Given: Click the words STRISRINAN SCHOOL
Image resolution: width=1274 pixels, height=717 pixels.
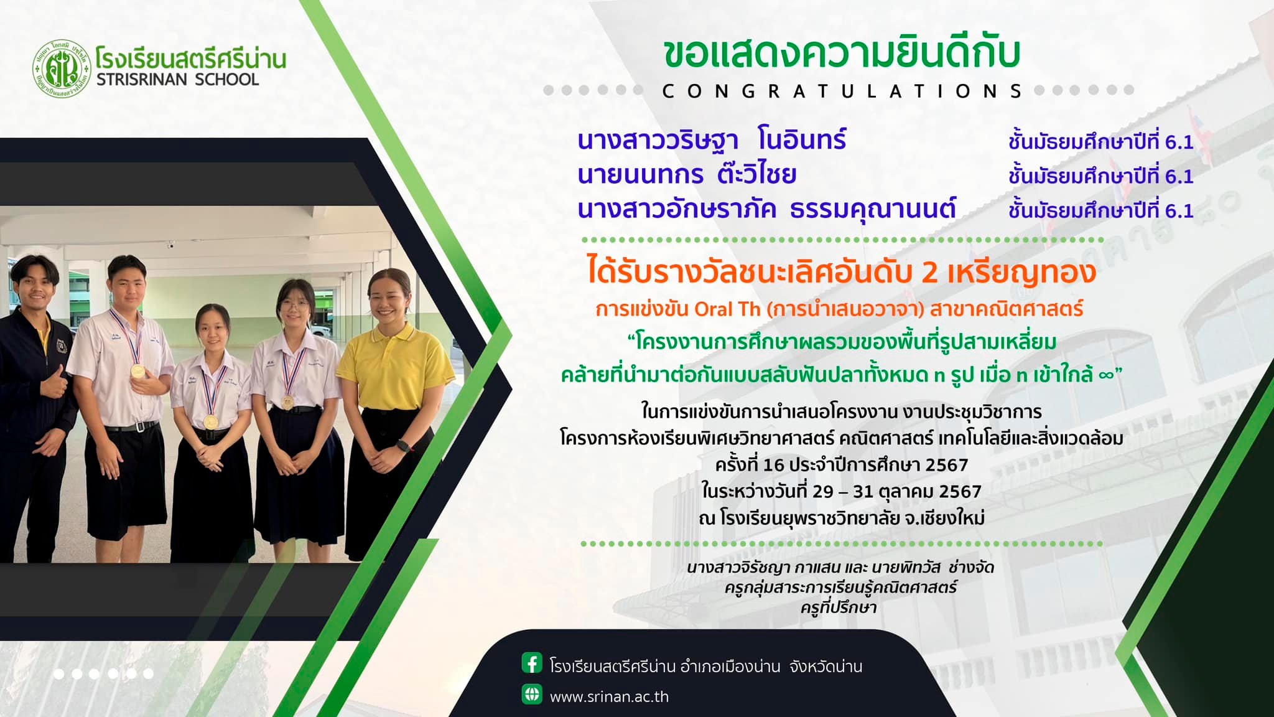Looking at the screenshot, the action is pyautogui.click(x=177, y=80).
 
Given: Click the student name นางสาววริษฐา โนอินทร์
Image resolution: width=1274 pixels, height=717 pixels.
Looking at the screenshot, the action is pyautogui.click(x=712, y=141).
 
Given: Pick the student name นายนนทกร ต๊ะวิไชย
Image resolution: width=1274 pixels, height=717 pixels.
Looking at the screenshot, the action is pyautogui.click(x=687, y=174).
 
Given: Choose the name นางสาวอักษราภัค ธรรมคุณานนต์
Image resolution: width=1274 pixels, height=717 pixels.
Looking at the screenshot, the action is pyautogui.click(x=766, y=209).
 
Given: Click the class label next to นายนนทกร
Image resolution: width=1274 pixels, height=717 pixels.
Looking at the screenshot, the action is pyautogui.click(x=1101, y=176).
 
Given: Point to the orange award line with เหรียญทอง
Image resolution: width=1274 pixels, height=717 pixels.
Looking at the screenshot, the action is pyautogui.click(x=842, y=273).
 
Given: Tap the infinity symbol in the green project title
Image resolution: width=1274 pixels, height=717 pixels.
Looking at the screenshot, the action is pyautogui.click(x=1105, y=375).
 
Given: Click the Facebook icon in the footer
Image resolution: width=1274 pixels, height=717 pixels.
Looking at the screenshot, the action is pyautogui.click(x=532, y=663).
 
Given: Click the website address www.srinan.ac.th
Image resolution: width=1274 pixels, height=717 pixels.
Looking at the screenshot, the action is pyautogui.click(x=609, y=697).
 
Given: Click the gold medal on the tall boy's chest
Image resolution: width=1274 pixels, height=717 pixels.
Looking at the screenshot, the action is pyautogui.click(x=138, y=372).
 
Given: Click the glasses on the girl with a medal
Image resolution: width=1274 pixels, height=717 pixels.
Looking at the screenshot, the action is pyautogui.click(x=292, y=304).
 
